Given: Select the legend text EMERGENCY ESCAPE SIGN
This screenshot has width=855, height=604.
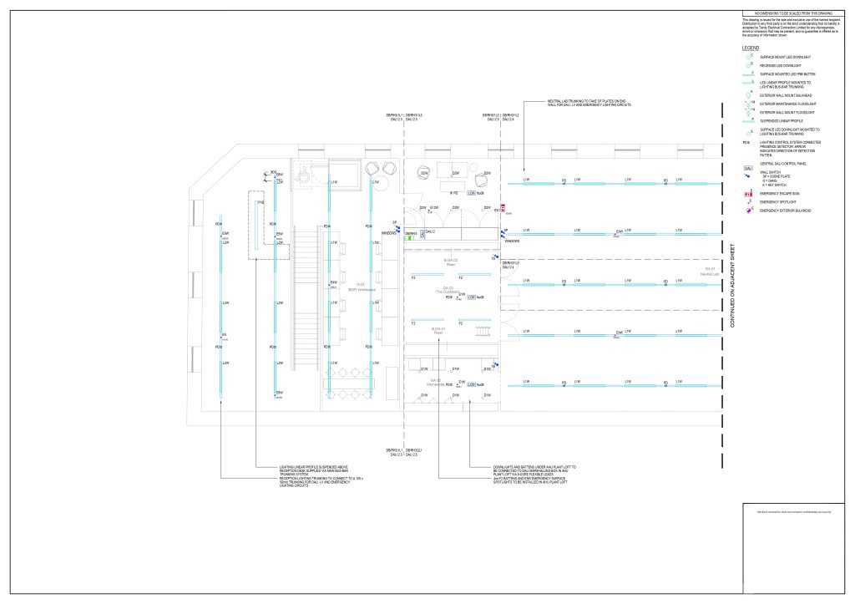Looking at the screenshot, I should [778, 193].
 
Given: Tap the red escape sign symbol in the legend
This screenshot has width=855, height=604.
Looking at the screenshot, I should [747, 193].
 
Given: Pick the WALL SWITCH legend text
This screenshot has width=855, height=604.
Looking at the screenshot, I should [772, 172].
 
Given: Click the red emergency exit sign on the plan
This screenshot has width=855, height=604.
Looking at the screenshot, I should [503, 207].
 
